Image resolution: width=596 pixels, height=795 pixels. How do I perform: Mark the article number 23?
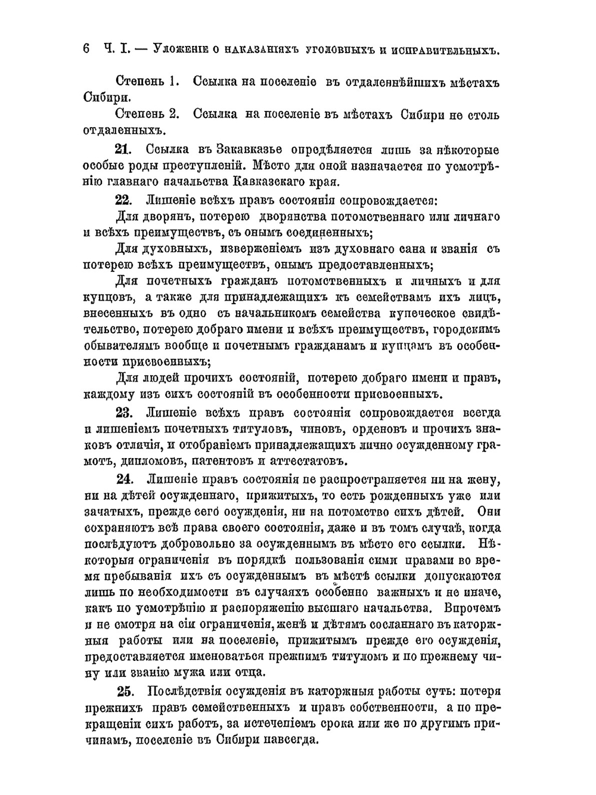coord(123,413)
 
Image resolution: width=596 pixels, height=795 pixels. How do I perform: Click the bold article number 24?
coord(125,480)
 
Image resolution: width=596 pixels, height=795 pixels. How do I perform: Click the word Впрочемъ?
coord(467,608)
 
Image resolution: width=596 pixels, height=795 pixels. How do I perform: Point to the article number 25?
coord(125,692)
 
